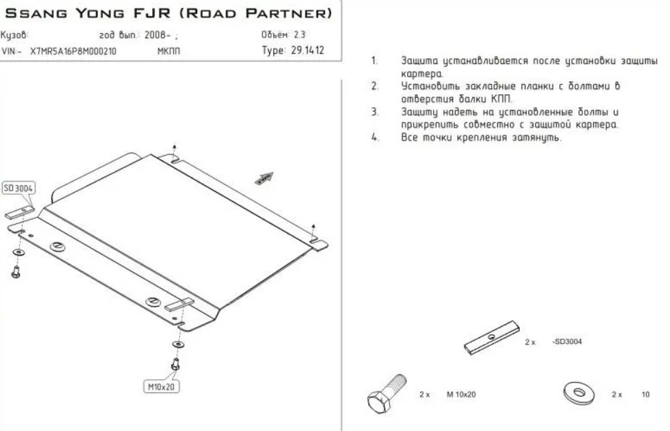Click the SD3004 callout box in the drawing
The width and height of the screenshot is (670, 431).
click(19, 188)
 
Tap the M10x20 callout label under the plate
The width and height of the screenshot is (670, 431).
click(161, 387)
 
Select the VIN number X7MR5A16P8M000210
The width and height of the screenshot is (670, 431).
click(73, 51)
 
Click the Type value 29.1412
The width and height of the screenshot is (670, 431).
click(307, 50)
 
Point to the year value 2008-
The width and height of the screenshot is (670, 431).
click(157, 35)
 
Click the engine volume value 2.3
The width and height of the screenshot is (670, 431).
click(299, 35)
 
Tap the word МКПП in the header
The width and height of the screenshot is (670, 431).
click(169, 51)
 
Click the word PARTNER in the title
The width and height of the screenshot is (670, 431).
click(289, 13)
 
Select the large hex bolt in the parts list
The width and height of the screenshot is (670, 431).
click(387, 394)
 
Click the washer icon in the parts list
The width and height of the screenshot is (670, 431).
click(578, 392)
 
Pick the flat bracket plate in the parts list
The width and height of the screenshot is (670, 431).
click(492, 338)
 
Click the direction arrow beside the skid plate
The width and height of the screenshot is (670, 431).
click(264, 179)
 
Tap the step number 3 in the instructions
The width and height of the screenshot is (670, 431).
click(375, 112)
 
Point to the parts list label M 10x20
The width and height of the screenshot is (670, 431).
click(461, 394)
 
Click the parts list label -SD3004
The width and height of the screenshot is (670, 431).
click(567, 342)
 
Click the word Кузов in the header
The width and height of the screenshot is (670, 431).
click(14, 35)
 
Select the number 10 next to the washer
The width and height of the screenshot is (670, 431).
click(646, 394)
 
